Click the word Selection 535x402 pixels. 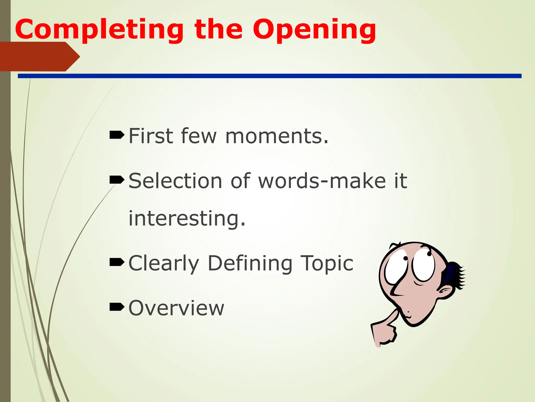[175, 181]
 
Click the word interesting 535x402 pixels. [187, 219]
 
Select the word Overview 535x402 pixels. [176, 308]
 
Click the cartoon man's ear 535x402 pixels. [445, 292]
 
